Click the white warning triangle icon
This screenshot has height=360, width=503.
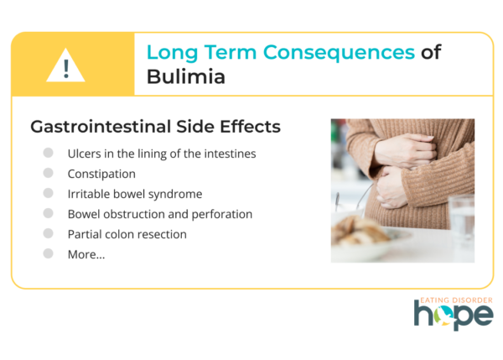coord(65,65)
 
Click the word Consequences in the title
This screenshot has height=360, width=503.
coord(339,53)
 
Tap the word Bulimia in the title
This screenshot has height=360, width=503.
coord(186,76)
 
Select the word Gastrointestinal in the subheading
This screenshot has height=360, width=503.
coord(101,127)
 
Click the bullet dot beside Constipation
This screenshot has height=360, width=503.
coord(48,173)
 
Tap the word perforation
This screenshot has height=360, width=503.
coord(222,215)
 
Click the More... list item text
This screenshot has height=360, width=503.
coord(86,254)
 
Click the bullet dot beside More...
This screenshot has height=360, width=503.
coord(48,253)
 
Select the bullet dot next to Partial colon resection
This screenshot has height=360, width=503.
coord(48,233)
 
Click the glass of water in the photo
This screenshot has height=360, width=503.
coord(461,222)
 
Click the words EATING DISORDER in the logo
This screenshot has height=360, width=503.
coord(456,300)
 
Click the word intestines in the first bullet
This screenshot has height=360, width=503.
coord(230,154)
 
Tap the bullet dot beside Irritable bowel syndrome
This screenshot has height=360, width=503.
coord(48,193)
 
